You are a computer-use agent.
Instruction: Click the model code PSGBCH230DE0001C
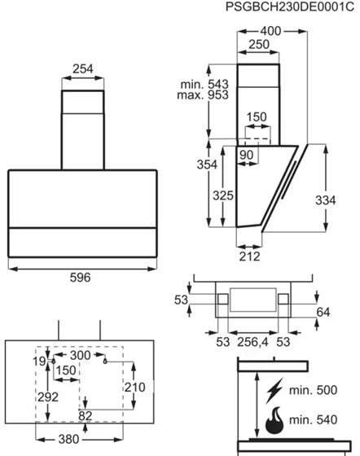coord(290,7)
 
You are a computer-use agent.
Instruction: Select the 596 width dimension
coord(81,278)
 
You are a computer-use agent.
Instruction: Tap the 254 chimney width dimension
coord(83,69)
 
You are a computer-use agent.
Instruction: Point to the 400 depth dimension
coord(270,31)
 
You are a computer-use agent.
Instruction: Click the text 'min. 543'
coord(204,85)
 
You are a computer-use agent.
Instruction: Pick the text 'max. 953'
coord(203,95)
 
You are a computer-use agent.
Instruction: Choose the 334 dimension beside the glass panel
coord(326,200)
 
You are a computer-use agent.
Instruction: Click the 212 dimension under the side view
coord(249,256)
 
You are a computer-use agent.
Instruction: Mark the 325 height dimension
coord(223,195)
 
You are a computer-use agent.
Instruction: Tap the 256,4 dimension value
coord(252,342)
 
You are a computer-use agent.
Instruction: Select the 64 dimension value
coord(323,312)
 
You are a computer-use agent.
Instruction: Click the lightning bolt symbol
coord(274,391)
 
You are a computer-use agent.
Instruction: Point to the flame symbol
coord(274,420)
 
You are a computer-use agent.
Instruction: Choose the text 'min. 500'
coord(314,390)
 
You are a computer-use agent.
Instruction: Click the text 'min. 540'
coord(314,419)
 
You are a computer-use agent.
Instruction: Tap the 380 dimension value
coord(68,439)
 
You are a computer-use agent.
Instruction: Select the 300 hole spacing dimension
coord(81,355)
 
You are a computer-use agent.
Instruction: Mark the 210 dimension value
coord(135,387)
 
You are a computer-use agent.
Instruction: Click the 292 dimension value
coord(48,397)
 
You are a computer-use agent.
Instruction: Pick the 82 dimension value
coord(86,416)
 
